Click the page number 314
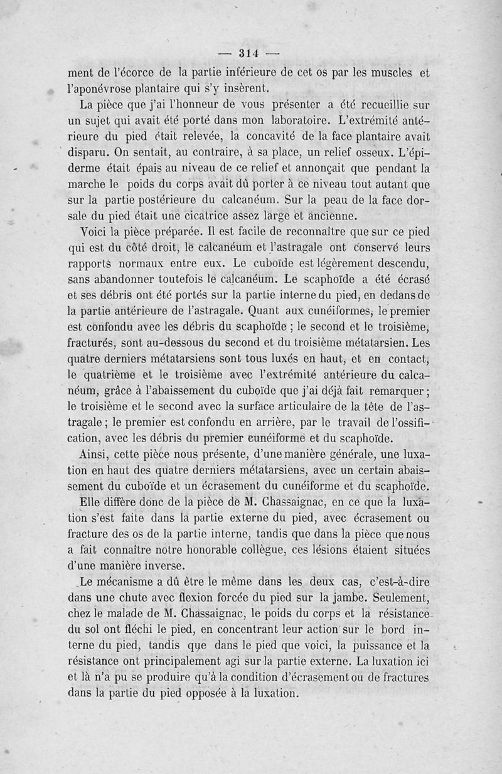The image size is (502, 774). click(250, 52)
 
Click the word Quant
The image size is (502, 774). click(267, 309)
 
